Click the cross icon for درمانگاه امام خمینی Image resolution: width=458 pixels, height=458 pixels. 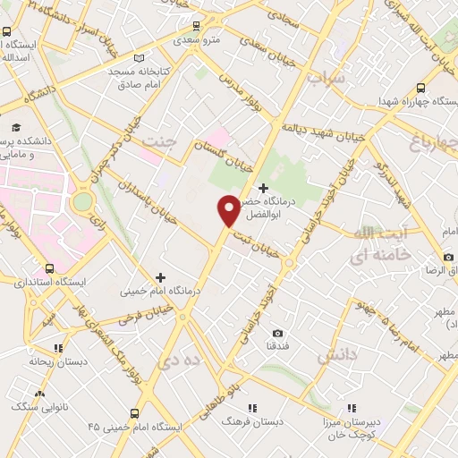tap(161, 278)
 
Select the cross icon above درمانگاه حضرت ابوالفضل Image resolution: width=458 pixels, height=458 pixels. tap(263, 188)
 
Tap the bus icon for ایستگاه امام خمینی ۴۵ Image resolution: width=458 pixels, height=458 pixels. tap(134, 414)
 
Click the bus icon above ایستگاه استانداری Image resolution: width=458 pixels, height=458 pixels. tap(49, 267)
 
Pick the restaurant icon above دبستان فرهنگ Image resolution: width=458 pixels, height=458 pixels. tap(252, 407)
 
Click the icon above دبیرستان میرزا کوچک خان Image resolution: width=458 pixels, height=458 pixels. tap(352, 407)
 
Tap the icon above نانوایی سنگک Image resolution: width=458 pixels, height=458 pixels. tap(38, 394)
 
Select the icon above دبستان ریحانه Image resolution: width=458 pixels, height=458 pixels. tap(58, 348)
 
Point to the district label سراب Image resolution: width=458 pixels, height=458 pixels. tap(325, 79)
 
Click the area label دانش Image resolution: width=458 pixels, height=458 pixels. tap(338, 355)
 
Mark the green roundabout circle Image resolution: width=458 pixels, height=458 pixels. tap(82, 201)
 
